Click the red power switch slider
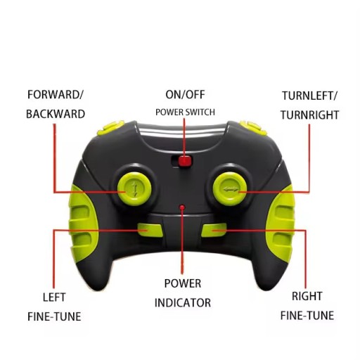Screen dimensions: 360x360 (x=185, y=161)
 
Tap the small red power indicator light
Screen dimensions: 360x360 (x=182, y=207)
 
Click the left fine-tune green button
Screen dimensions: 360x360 (x=150, y=230)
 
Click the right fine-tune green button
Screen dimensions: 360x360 (x=214, y=230)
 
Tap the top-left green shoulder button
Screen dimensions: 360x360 (x=110, y=128)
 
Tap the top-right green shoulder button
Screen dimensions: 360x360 (x=254, y=128)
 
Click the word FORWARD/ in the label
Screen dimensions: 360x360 (x=56, y=95)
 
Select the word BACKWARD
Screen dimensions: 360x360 (x=56, y=114)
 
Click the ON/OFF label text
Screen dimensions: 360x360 (x=185, y=95)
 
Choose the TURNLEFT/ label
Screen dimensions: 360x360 (x=309, y=96)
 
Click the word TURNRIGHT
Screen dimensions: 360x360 (x=309, y=115)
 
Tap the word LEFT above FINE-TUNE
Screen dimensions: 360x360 (x=54, y=297)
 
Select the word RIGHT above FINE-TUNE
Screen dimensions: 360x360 (x=307, y=296)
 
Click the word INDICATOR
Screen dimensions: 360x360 (x=183, y=302)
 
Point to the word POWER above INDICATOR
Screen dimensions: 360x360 (x=183, y=283)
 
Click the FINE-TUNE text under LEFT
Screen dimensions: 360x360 (x=54, y=316)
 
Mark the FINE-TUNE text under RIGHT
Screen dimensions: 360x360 (x=307, y=316)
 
